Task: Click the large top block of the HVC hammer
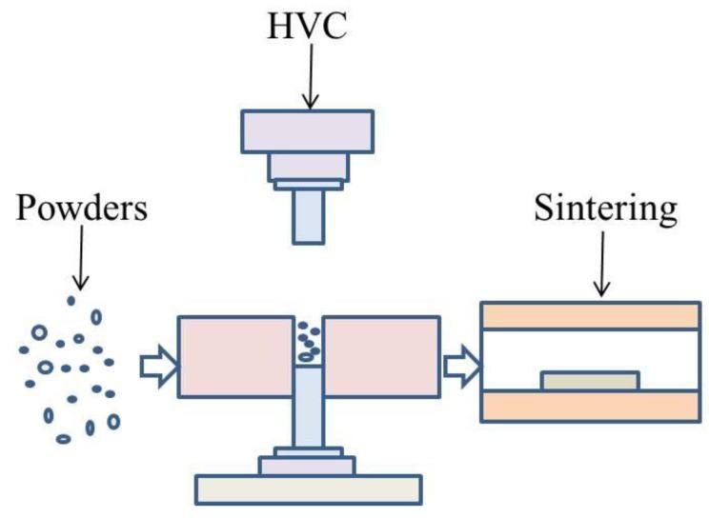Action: (x=307, y=131)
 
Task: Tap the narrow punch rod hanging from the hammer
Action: (x=308, y=215)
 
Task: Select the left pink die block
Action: (x=234, y=354)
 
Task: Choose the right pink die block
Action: (x=382, y=354)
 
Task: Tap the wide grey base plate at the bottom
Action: (x=310, y=488)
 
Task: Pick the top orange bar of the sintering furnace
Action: (x=590, y=316)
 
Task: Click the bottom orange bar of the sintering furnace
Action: (x=590, y=407)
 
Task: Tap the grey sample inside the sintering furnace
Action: (x=589, y=381)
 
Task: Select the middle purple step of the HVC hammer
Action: (x=308, y=167)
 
